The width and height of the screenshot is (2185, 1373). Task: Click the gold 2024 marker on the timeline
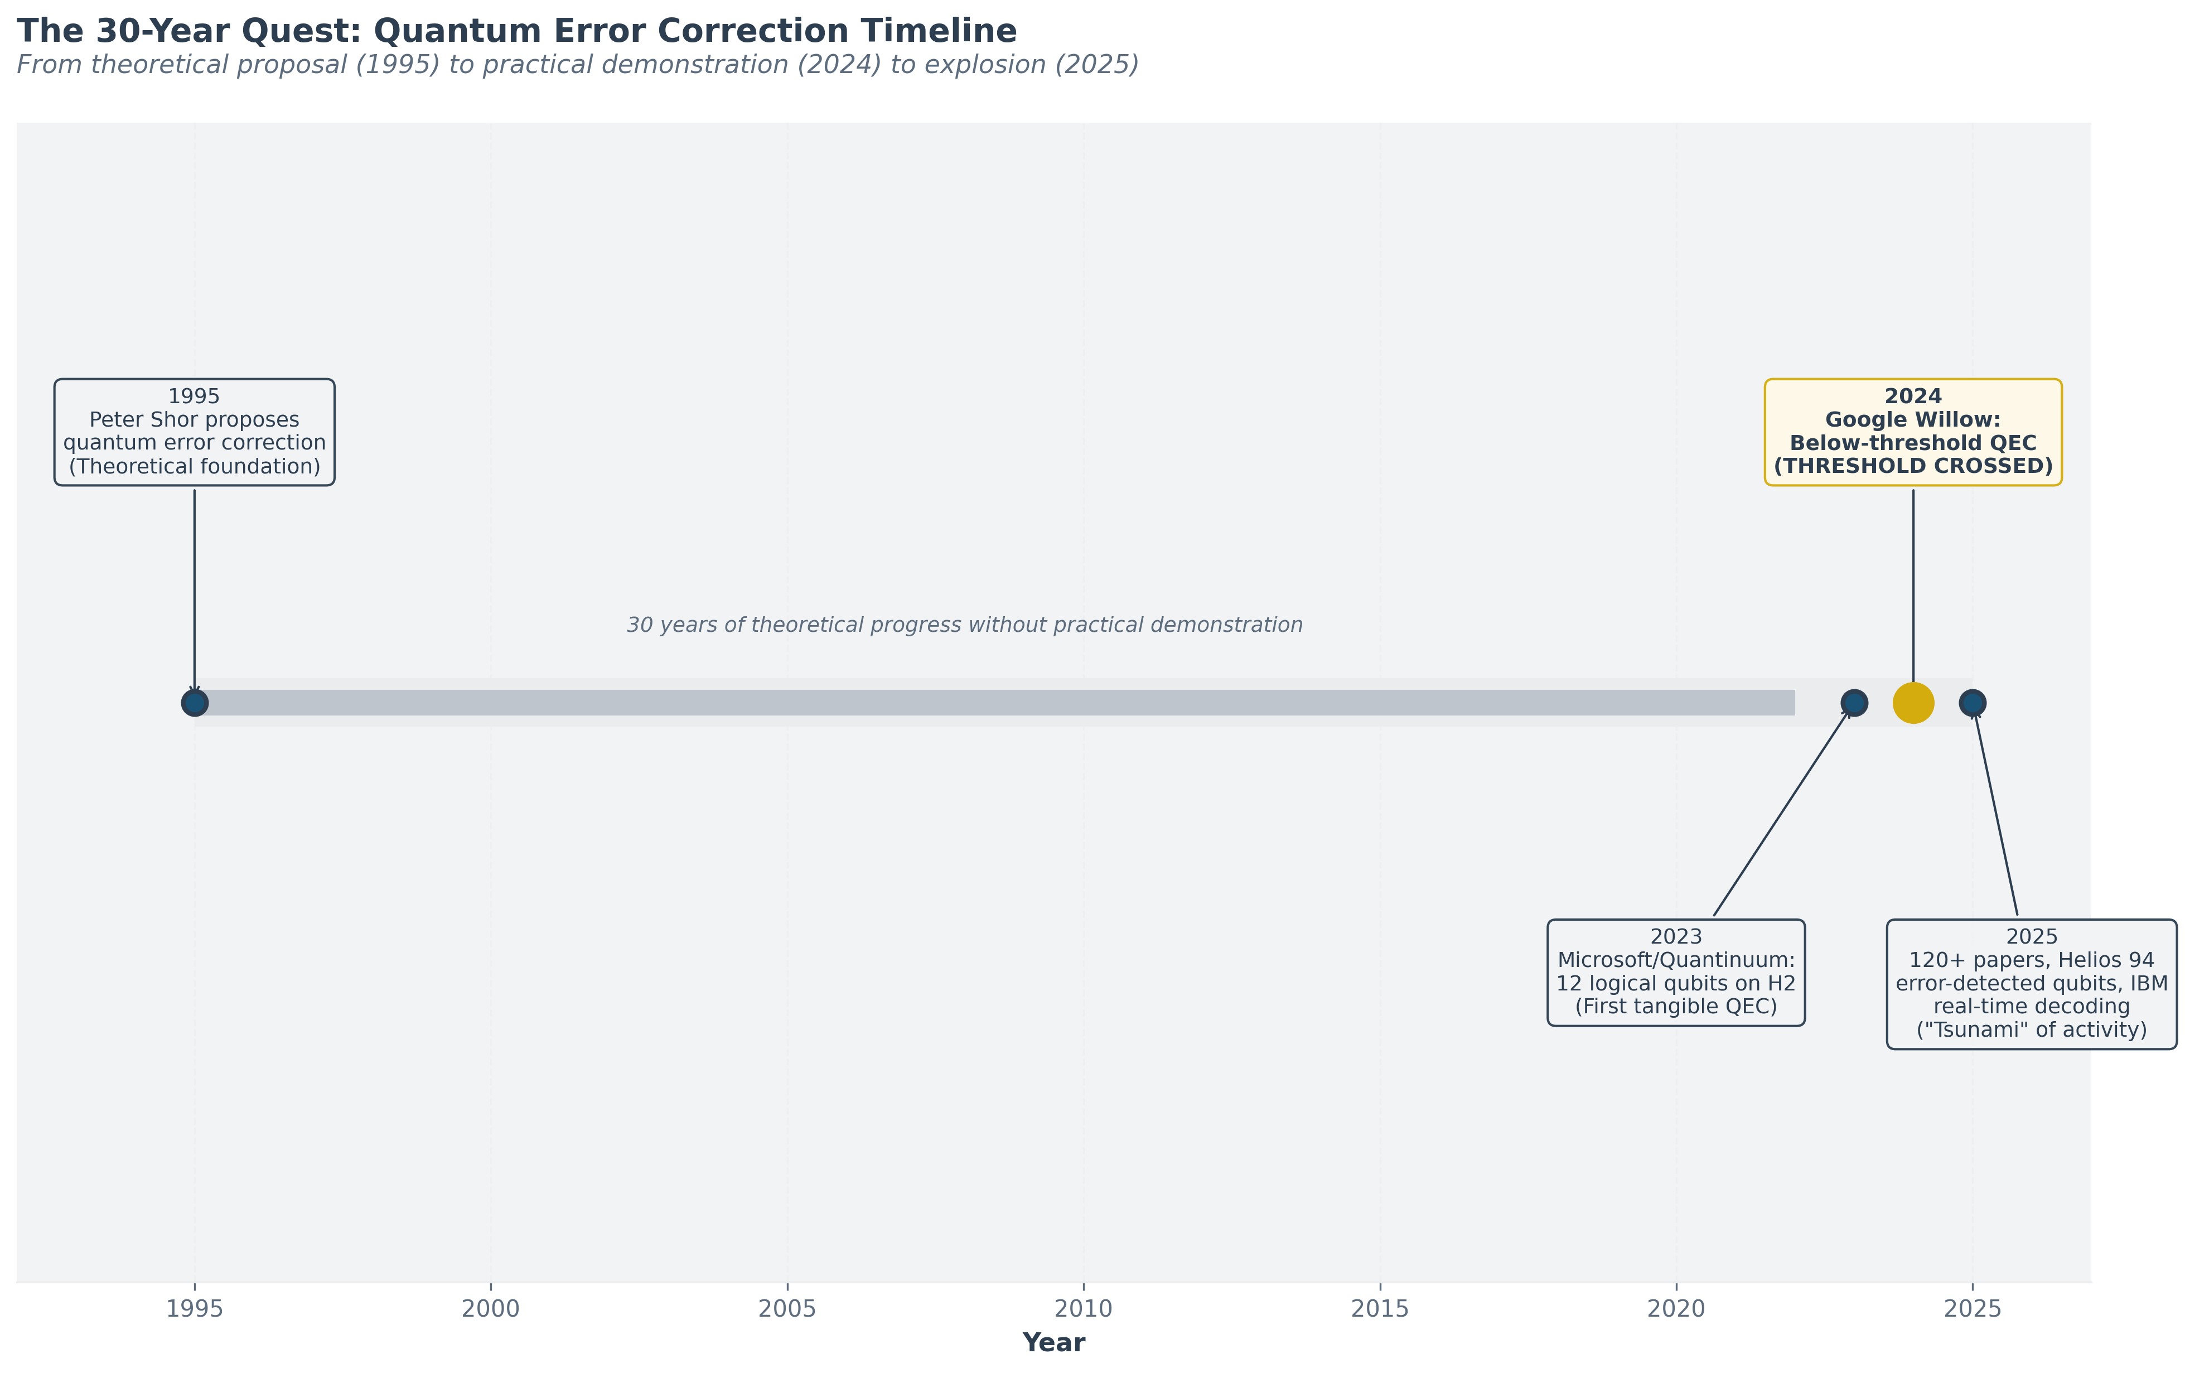(x=1913, y=702)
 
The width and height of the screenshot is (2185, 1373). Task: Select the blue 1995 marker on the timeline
(x=194, y=702)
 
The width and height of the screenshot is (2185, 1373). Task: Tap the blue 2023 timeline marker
(x=1854, y=702)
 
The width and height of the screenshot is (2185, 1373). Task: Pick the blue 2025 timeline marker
(x=1972, y=702)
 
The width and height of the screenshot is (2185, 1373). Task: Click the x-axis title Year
(x=1053, y=1343)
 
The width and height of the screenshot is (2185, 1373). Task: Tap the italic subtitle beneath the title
(x=577, y=65)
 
